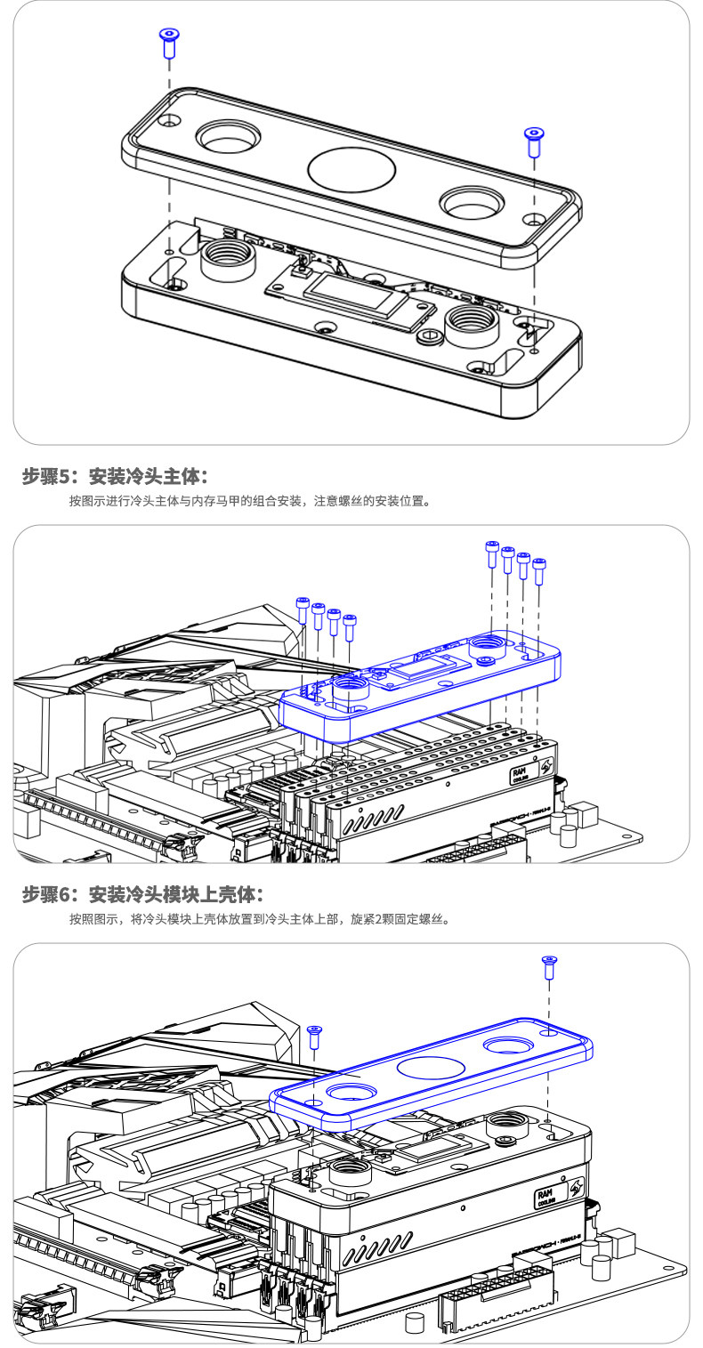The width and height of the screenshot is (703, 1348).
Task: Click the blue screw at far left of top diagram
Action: pyautogui.click(x=168, y=41)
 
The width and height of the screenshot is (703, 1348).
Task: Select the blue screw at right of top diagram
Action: pyautogui.click(x=534, y=141)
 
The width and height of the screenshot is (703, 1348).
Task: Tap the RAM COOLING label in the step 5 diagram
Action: pyautogui.click(x=521, y=771)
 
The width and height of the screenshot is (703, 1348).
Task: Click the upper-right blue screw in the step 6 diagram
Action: pyautogui.click(x=549, y=966)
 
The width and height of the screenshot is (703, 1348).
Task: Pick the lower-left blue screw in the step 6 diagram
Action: pyautogui.click(x=314, y=1037)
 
